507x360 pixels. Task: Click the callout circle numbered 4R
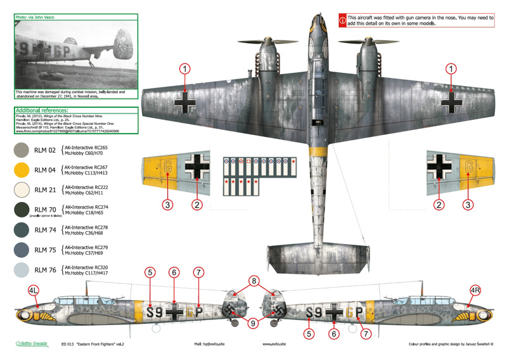(x=477, y=292)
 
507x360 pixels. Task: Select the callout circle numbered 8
(x=253, y=281)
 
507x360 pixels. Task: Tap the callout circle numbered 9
(x=253, y=323)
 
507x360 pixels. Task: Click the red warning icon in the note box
(x=343, y=19)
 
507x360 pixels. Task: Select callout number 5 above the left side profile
(x=150, y=273)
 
